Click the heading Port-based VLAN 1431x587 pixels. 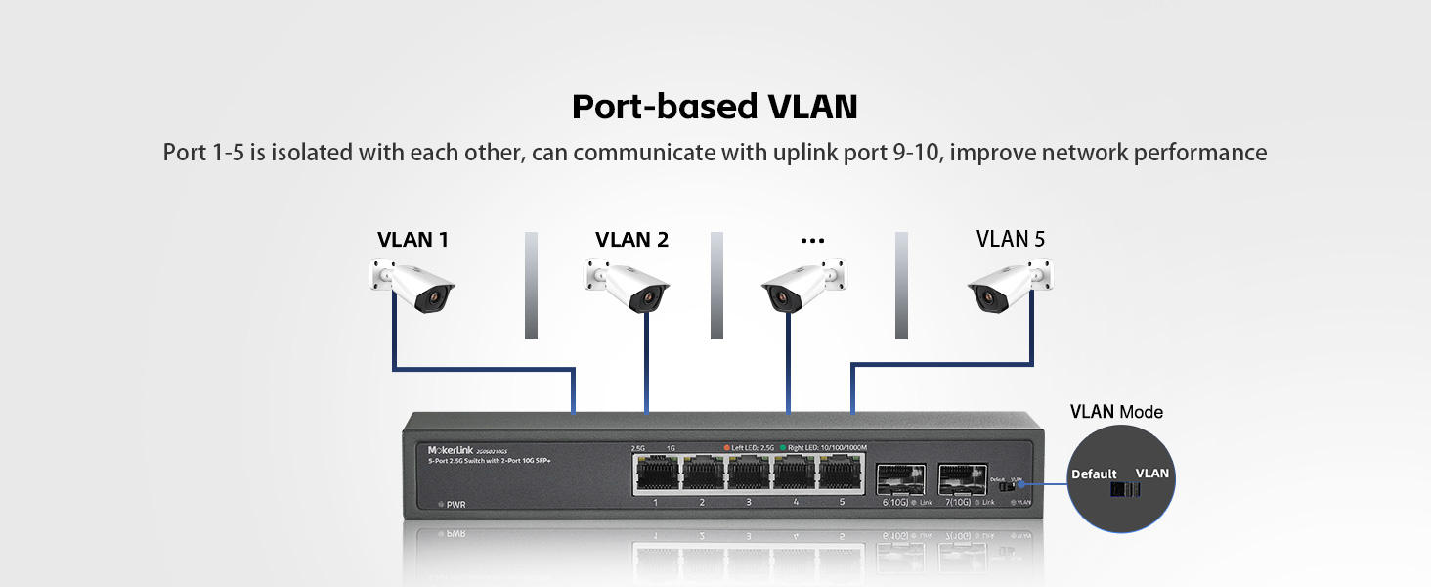(715, 107)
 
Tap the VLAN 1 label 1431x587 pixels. (412, 240)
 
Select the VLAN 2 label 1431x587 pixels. (631, 240)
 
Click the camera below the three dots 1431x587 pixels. (802, 285)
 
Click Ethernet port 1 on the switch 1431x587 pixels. (655, 474)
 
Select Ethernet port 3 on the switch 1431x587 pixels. (748, 474)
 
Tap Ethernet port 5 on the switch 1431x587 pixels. (841, 474)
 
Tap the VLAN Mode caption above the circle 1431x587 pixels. (1116, 412)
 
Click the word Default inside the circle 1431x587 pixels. (1094, 474)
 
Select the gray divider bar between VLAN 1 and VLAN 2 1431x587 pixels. (531, 285)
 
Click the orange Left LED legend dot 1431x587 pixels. (726, 447)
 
